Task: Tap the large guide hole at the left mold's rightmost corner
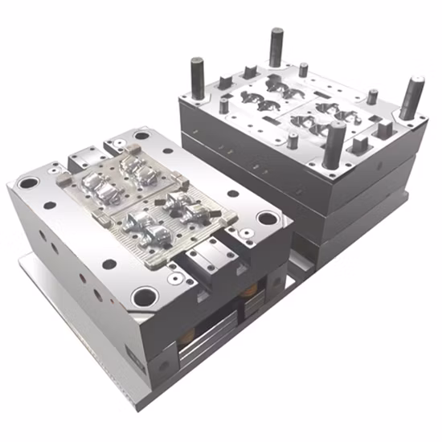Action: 267,218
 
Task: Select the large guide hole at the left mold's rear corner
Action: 141,136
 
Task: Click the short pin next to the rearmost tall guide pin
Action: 303,70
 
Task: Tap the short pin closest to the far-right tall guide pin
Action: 372,96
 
